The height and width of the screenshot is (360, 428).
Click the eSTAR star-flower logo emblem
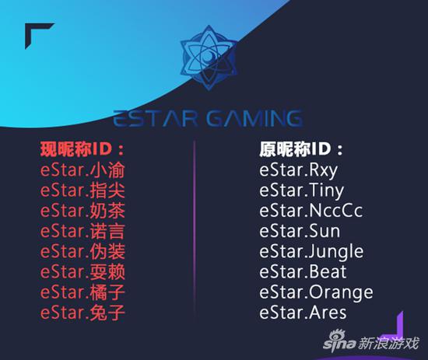pos(209,58)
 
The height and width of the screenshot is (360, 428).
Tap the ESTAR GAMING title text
pos(208,119)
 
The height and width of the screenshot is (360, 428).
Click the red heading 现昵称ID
pos(82,149)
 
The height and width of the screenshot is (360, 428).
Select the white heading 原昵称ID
pos(301,149)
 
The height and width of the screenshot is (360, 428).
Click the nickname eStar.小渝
pos(82,170)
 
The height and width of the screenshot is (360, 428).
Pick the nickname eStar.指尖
pos(82,190)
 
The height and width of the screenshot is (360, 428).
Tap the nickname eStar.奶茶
pos(82,211)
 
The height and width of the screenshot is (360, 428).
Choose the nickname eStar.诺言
pos(82,231)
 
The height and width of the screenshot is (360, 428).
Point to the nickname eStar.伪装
pos(82,251)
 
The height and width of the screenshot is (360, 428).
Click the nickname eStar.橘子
pos(82,292)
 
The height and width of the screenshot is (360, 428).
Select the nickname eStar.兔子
pos(82,313)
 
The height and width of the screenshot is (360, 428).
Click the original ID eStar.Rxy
pos(298,171)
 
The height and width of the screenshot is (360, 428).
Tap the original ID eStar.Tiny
pos(301,191)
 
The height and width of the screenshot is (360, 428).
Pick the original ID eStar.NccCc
pos(311,211)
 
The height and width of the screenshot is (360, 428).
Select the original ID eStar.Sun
pos(300,231)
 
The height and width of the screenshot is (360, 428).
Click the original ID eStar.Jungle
pos(311,252)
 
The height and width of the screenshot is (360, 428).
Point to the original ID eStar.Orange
pos(316,293)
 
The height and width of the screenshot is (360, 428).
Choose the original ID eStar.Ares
pos(303,313)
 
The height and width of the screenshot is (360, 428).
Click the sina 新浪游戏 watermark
pos(370,341)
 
